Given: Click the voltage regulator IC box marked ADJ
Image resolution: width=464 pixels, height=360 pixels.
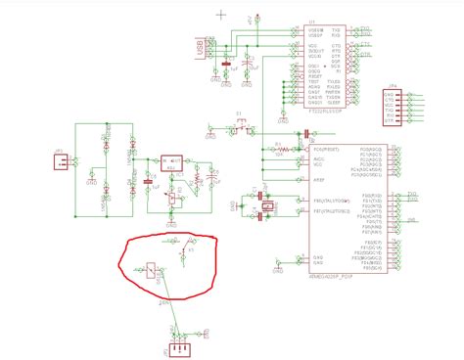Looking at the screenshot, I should click(x=172, y=159).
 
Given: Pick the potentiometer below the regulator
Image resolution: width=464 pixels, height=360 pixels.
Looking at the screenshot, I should click(x=172, y=199).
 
